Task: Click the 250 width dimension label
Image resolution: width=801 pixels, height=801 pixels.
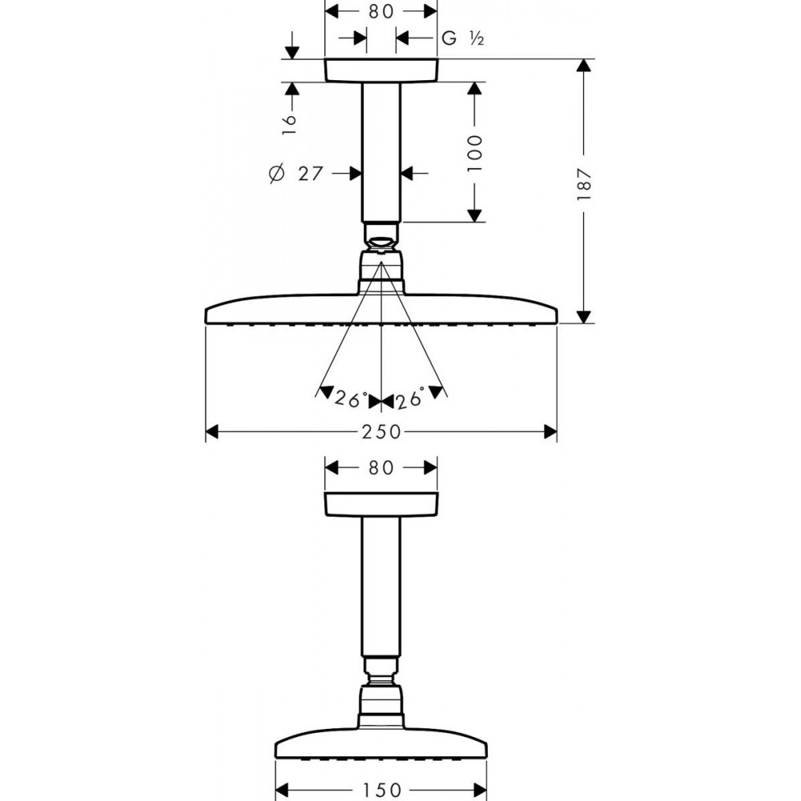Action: tap(381, 433)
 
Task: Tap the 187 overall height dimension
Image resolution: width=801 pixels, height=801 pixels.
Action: tap(584, 183)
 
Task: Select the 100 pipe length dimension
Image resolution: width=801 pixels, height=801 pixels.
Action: tap(474, 153)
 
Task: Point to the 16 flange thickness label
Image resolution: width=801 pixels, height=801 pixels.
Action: tap(289, 124)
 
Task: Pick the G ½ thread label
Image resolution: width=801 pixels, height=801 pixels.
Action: tap(462, 38)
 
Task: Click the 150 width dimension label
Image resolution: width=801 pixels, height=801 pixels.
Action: tap(381, 791)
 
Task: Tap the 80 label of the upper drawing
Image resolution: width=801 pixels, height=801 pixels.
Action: tap(381, 12)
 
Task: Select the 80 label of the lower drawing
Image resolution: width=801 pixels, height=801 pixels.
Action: tap(381, 468)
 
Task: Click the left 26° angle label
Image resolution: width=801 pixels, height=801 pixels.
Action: tap(351, 399)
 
